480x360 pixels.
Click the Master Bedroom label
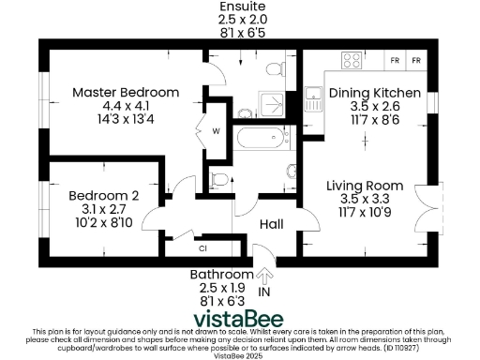point(125,93)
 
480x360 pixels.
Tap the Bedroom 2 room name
point(103,195)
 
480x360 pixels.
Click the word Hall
point(272,225)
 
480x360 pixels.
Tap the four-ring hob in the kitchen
point(353,61)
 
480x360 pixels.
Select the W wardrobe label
point(215,130)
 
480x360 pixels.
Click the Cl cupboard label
point(202,248)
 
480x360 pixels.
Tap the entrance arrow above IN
point(264,276)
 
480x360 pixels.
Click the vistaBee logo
point(239,318)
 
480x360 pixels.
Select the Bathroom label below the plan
point(222,275)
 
